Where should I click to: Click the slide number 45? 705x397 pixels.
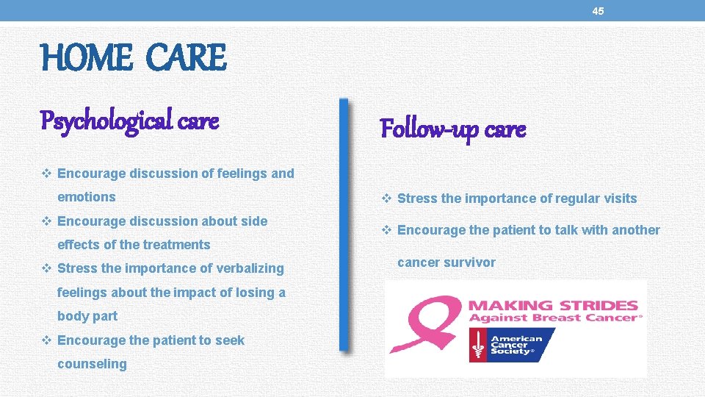point(598,11)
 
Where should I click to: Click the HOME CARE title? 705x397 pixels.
point(134,58)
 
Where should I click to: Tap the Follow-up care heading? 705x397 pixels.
point(452,129)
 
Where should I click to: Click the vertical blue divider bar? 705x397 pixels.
point(342,224)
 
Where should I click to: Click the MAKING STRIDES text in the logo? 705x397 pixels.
point(553,304)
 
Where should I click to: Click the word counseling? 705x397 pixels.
point(92,364)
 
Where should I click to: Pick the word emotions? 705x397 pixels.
point(87,197)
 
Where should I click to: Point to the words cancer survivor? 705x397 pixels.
point(446,262)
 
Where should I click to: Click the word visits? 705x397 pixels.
point(619,198)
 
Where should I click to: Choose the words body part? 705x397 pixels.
point(87,316)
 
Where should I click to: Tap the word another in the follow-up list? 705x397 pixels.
point(636,230)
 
